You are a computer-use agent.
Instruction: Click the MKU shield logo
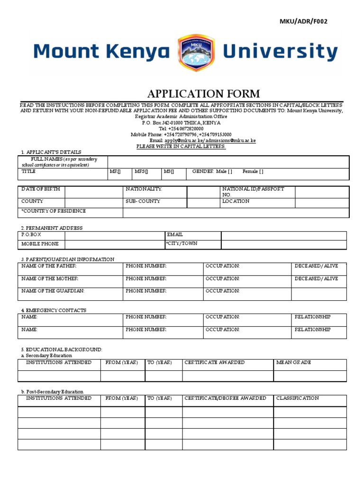[196, 52]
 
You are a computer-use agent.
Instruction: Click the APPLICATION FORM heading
[204, 93]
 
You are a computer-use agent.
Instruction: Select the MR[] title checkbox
[115, 171]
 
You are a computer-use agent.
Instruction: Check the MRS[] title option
[141, 171]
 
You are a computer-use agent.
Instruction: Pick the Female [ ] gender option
[253, 171]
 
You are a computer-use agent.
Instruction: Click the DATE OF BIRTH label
[41, 189]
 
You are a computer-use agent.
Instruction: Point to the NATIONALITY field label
[144, 189]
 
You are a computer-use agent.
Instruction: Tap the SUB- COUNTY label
[143, 201]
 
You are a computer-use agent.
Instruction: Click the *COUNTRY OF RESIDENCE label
[54, 211]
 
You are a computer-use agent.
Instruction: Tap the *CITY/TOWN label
[181, 243]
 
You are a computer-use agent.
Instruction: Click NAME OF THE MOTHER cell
[50, 279]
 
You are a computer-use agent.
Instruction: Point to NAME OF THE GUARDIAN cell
[53, 291]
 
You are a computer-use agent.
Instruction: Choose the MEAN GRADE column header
[294, 362]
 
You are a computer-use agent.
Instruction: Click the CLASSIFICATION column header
[298, 398]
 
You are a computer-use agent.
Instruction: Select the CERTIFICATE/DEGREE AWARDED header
[225, 398]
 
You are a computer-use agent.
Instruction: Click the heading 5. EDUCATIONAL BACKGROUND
[62, 349]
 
